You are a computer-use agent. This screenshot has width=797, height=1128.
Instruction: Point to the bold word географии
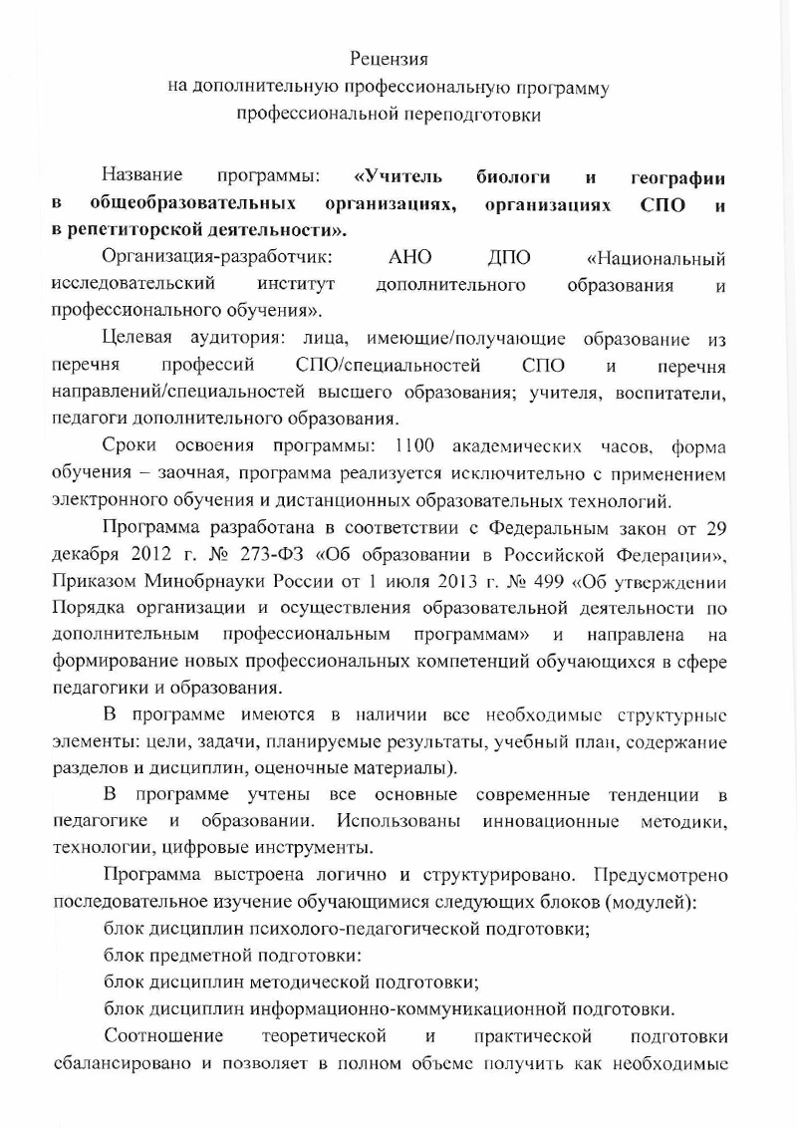point(678,177)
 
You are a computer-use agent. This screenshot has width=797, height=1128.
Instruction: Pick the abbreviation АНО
point(409,258)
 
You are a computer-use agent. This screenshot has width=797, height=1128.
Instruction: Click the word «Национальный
point(656,259)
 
